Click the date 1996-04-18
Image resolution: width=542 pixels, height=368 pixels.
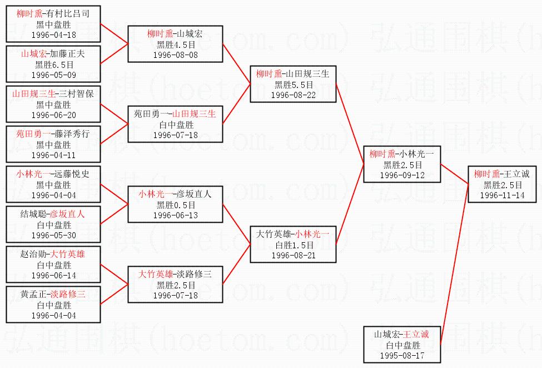[x=53, y=35]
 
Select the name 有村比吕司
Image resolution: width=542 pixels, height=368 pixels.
[x=68, y=13]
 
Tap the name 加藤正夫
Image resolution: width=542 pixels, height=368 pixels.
[x=67, y=53]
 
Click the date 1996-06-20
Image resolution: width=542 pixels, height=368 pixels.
[x=53, y=115]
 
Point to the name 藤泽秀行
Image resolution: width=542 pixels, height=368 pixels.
[x=72, y=134]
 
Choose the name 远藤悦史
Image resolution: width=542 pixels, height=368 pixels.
[x=72, y=174]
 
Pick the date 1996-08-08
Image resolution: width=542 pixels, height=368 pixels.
[x=176, y=55]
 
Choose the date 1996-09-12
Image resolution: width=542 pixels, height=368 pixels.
[x=402, y=175]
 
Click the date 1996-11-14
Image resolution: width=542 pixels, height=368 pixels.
[x=502, y=195]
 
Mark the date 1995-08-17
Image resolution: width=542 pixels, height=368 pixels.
[x=402, y=356]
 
